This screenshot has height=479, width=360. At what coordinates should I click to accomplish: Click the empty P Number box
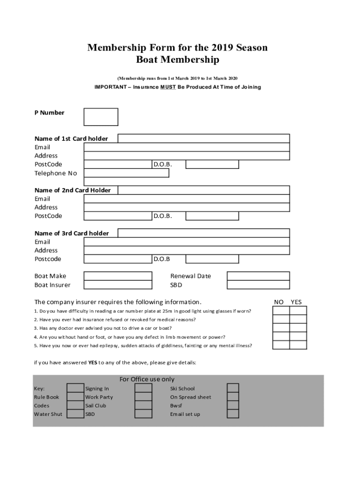click(101, 117)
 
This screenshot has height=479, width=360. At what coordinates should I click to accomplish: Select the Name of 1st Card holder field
click(203, 138)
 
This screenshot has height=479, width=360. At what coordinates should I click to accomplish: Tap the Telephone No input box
click(126, 173)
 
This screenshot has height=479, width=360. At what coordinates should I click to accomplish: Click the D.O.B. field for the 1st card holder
click(212, 164)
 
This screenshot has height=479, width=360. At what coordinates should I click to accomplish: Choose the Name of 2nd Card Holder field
click(203, 190)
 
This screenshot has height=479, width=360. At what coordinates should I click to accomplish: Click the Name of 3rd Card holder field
click(203, 233)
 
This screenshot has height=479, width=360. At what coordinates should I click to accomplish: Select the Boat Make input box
click(118, 276)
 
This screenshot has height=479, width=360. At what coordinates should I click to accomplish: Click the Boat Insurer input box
click(118, 285)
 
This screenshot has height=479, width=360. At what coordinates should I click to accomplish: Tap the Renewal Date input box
click(258, 276)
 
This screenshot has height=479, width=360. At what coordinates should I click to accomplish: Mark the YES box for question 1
click(298, 311)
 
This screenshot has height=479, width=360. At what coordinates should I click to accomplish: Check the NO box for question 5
click(281, 345)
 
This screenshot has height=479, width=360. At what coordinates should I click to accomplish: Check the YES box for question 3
click(298, 328)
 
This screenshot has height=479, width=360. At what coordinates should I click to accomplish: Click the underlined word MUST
click(168, 87)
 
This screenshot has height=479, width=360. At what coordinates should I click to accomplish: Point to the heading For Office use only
click(147, 379)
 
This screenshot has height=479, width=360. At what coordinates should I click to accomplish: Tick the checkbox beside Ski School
click(233, 388)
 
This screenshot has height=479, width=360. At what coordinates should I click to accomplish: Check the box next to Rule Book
click(75, 397)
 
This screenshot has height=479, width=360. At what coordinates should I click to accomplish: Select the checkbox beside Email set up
click(233, 414)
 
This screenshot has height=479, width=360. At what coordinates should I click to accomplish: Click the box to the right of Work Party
click(143, 397)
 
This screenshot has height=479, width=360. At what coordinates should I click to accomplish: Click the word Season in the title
click(252, 48)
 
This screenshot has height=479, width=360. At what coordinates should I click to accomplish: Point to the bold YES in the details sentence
click(93, 363)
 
